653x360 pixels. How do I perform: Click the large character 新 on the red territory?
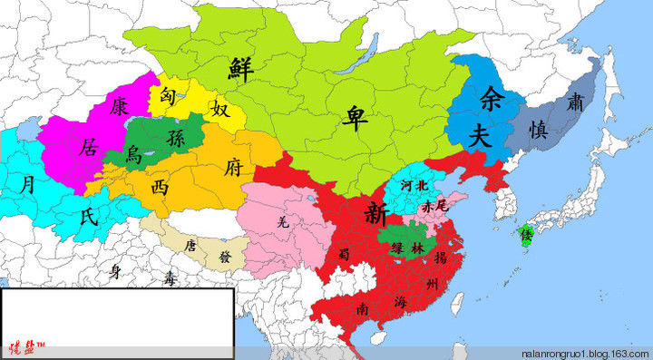coord(375,213)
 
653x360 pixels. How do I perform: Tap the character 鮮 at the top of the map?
coord(241,67)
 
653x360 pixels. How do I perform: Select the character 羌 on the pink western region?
coord(284,220)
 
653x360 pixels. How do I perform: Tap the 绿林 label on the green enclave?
coord(407,247)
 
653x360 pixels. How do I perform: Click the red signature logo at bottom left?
coord(24,345)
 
